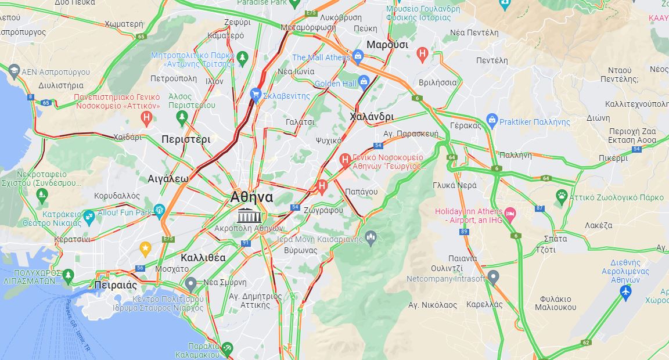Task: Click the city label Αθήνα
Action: coord(251,196)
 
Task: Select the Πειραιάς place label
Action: coord(116,285)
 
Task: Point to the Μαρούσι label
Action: coord(387,45)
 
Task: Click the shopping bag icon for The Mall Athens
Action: coord(358,56)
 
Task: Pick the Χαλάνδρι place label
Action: coord(372,117)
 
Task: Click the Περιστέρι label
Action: coord(186,139)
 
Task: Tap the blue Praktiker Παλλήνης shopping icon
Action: coord(492,121)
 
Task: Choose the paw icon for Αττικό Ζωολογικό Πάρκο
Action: coord(561,196)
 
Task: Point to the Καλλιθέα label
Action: coord(203,257)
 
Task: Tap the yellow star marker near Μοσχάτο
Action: coord(145,249)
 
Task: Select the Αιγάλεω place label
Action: coord(168,178)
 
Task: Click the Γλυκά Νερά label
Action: coord(454,185)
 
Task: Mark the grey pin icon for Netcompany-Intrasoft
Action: coord(493,277)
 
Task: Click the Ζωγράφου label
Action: coord(323,210)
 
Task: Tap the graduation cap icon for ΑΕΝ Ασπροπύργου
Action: coord(13,71)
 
